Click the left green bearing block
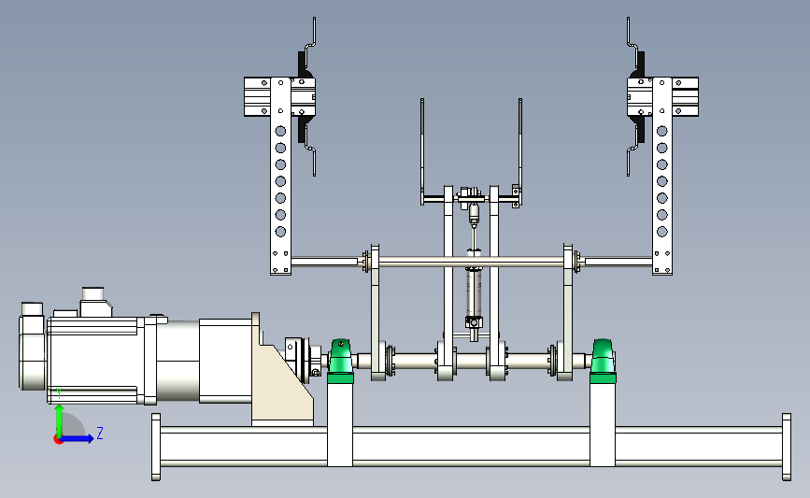point(340,361)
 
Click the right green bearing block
point(603,361)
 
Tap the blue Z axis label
point(100,433)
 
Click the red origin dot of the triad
point(58,440)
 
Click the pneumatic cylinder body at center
point(474,292)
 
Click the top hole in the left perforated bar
point(280,131)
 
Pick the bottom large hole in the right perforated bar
point(662,232)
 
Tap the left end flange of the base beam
point(156,447)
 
